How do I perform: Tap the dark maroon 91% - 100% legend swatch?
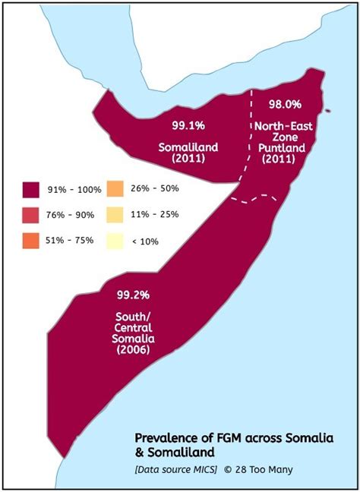[31, 188]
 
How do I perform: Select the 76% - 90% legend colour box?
[31, 214]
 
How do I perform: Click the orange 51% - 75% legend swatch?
[31, 241]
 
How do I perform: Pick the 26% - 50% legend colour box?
[115, 188]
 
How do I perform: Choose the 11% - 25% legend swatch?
[115, 214]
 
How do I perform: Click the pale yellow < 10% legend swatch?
[115, 241]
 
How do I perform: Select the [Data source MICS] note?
[175, 469]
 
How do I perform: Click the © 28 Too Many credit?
[258, 469]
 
